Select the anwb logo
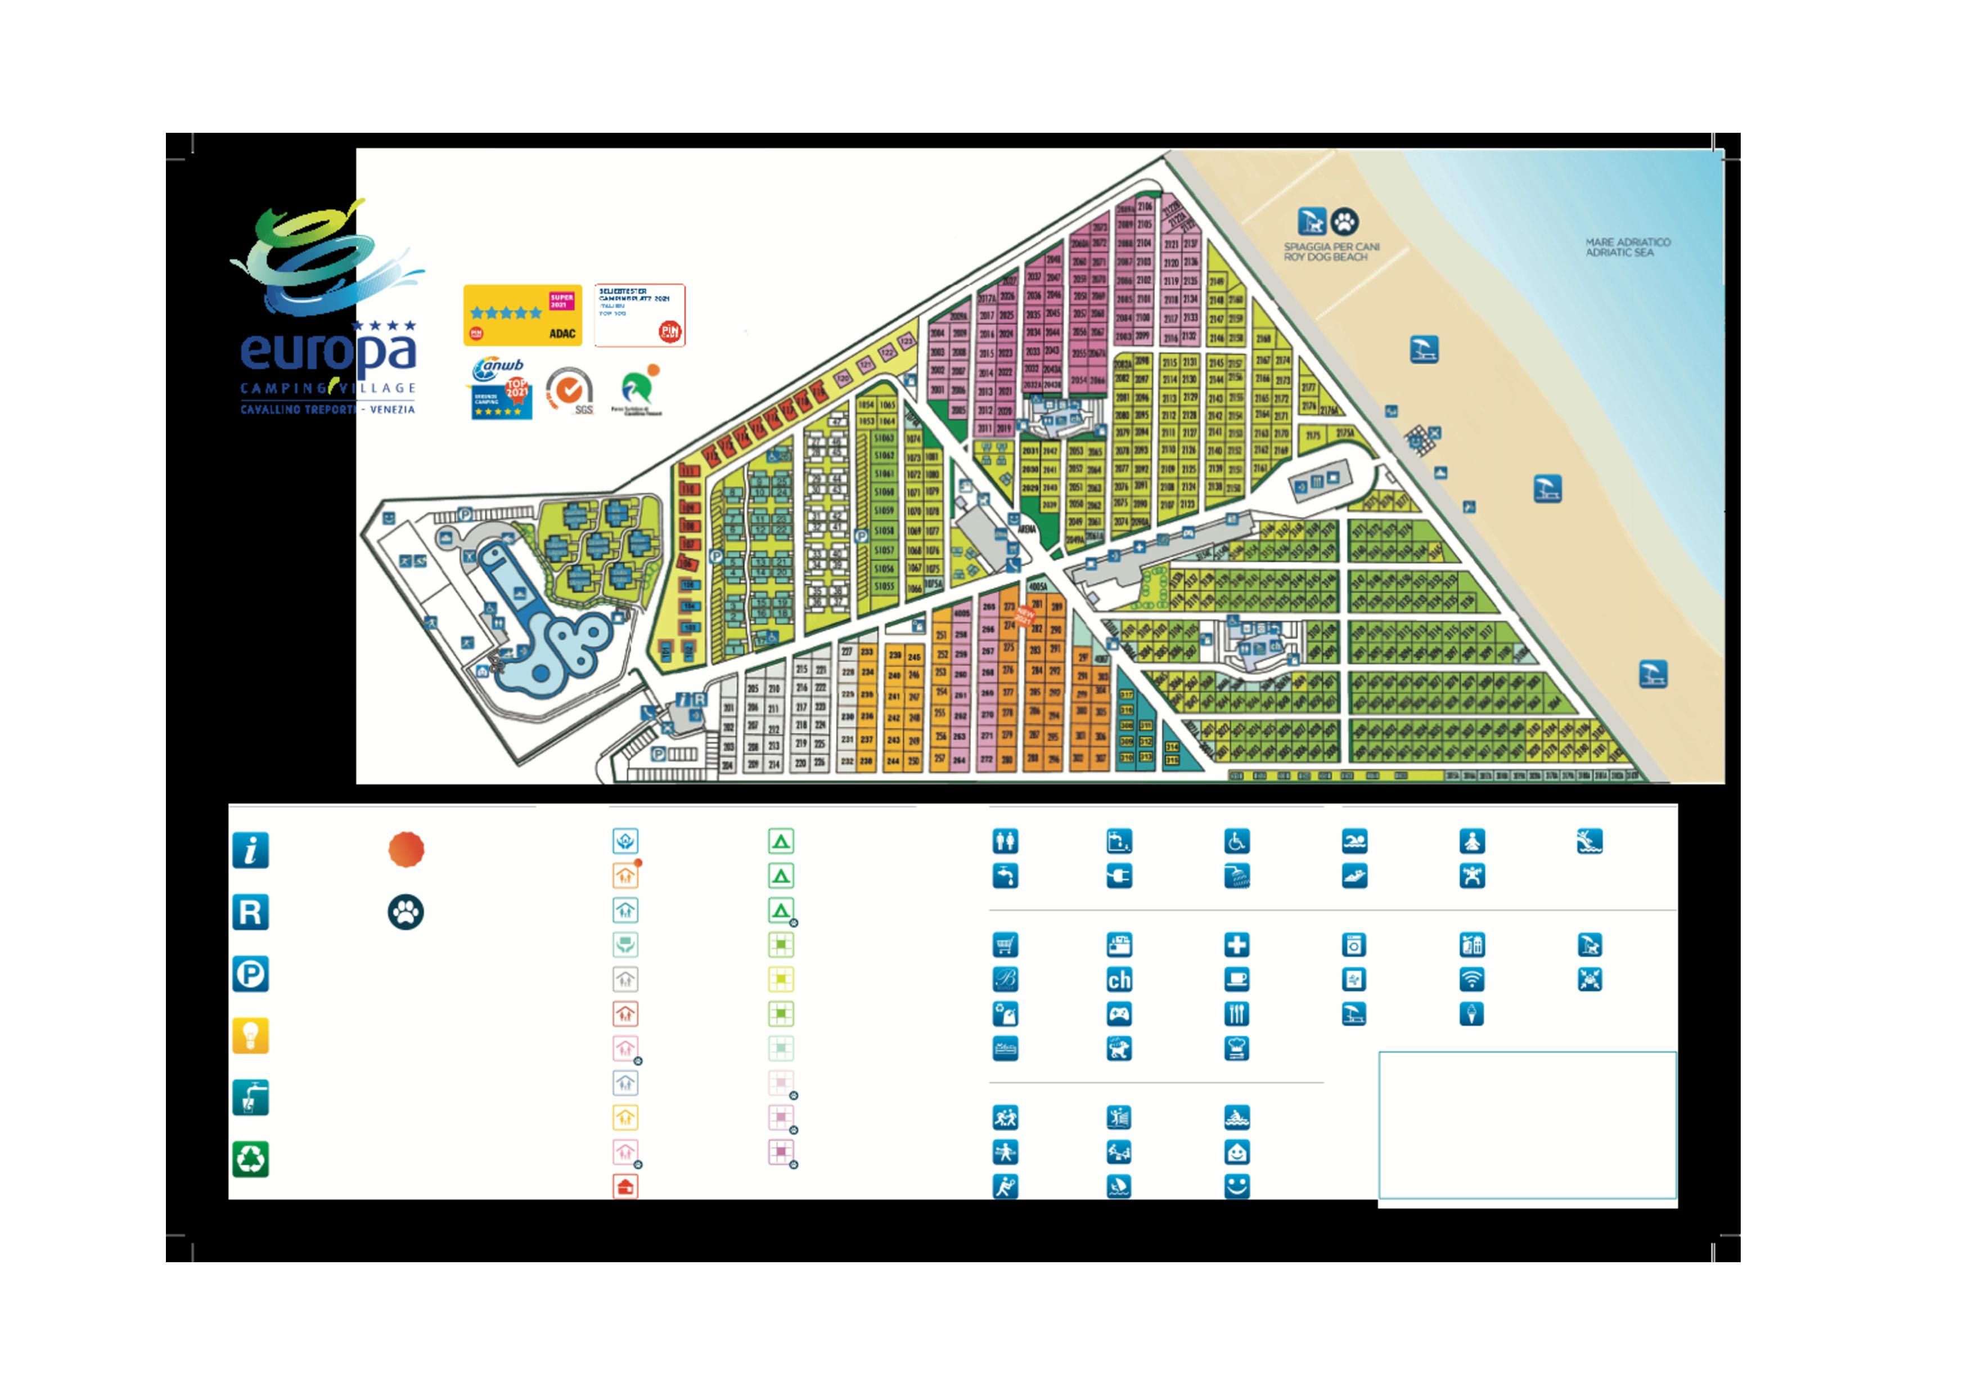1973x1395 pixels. point(498,368)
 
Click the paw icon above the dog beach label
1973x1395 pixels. point(1344,222)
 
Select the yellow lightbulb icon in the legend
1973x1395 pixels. point(250,1036)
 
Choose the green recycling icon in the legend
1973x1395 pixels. point(250,1159)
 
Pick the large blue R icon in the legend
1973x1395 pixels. point(250,912)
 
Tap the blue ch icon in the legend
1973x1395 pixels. point(1119,980)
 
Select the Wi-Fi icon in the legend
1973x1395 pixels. point(1471,980)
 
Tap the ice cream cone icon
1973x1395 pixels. point(1471,1014)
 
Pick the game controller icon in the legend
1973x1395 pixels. point(1119,1014)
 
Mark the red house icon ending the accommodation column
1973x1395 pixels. point(625,1187)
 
